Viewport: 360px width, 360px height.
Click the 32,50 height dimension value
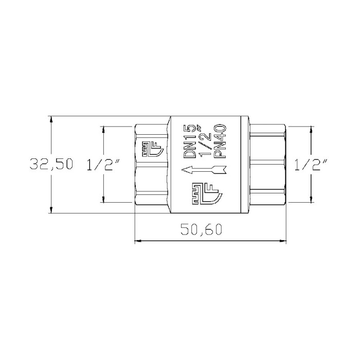click(51, 164)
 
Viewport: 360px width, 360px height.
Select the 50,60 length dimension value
click(202, 229)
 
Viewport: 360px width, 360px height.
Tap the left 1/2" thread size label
click(103, 164)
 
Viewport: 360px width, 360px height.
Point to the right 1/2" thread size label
click(311, 164)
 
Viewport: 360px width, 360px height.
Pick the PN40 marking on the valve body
click(220, 141)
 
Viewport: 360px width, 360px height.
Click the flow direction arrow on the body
click(204, 170)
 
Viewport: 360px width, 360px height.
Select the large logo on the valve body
click(207, 193)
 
